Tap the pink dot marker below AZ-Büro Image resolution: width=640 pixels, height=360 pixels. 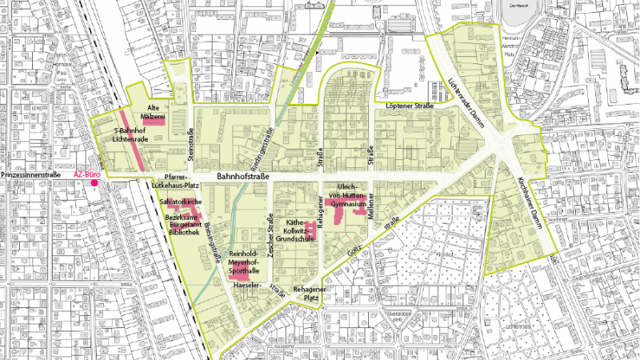tap(94, 184)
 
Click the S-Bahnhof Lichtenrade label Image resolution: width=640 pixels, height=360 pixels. tap(132, 134)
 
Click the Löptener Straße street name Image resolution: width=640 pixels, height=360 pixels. tap(409, 106)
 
